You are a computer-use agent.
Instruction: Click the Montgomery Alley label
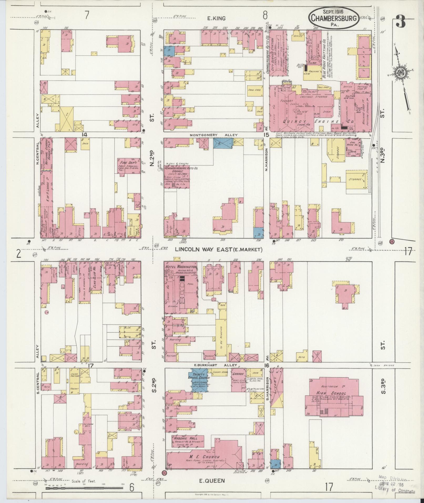(x=213, y=135)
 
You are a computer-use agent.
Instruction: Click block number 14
(x=84, y=135)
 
